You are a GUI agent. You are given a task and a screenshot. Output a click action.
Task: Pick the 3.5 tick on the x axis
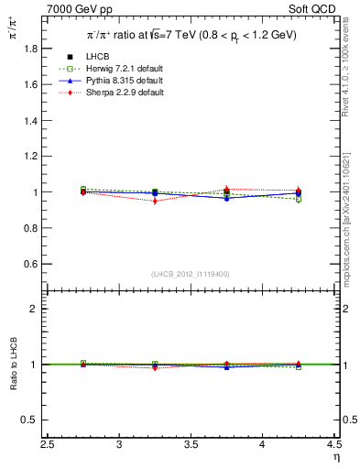[x=191, y=445]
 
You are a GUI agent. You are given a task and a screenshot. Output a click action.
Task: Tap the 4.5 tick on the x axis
[x=333, y=445]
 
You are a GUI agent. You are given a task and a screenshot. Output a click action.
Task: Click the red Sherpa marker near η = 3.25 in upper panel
[x=155, y=201]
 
